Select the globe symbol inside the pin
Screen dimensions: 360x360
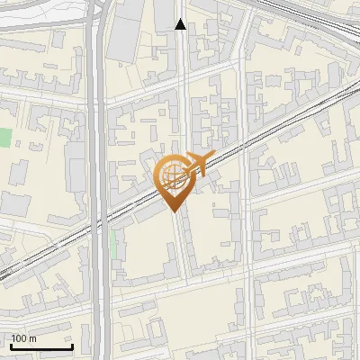click(x=172, y=174)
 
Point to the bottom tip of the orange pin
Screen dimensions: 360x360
click(x=174, y=211)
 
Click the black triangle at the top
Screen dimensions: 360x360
click(x=181, y=24)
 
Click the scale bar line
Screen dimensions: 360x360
click(x=41, y=347)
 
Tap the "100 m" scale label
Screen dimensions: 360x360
click(x=24, y=338)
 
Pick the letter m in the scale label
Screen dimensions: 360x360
click(x=33, y=338)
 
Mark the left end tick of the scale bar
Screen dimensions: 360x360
click(x=11, y=345)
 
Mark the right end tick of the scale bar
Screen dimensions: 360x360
click(x=72, y=345)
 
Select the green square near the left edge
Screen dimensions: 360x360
click(x=5, y=138)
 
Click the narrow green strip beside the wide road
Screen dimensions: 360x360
click(x=113, y=243)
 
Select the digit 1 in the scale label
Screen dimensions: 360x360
click(x=14, y=338)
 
